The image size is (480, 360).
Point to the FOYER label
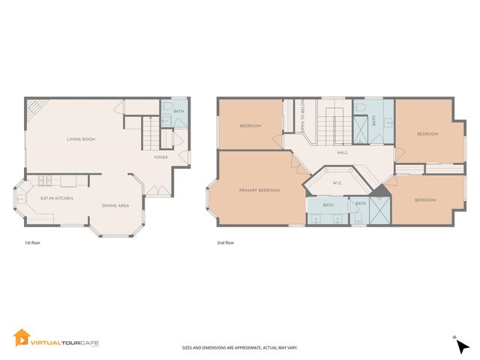pyautogui.click(x=160, y=157)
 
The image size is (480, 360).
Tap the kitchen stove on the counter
pyautogui.click(x=44, y=181)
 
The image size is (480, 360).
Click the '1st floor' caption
pyautogui.click(x=33, y=243)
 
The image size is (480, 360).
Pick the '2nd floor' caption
pyautogui.click(x=225, y=243)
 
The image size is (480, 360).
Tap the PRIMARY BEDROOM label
pyautogui.click(x=259, y=190)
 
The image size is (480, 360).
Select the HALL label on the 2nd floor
pyautogui.click(x=342, y=153)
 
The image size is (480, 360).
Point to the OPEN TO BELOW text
pyautogui.click(x=302, y=118)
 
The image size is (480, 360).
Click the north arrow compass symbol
pyautogui.click(x=461, y=345)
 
